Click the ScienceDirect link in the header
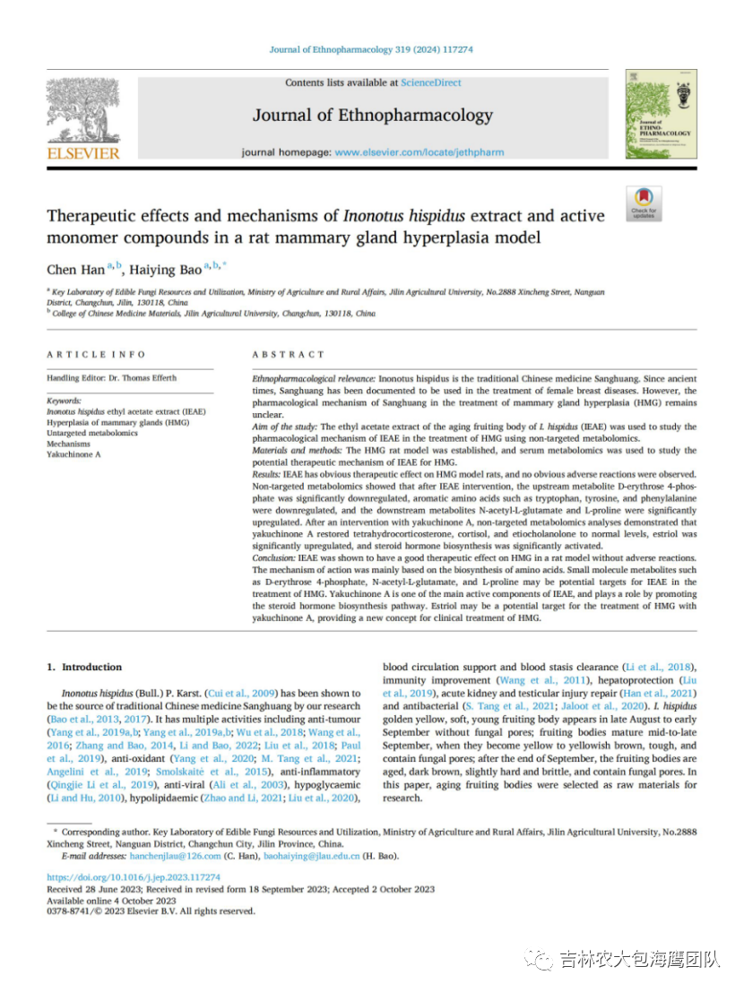[x=431, y=82]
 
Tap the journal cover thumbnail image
[x=661, y=115]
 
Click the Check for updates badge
[x=644, y=203]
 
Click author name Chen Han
[x=75, y=270]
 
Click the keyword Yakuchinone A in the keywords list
[x=74, y=455]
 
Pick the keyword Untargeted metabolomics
[x=92, y=433]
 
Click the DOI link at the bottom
[x=133, y=877]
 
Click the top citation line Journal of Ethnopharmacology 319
[x=371, y=50]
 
